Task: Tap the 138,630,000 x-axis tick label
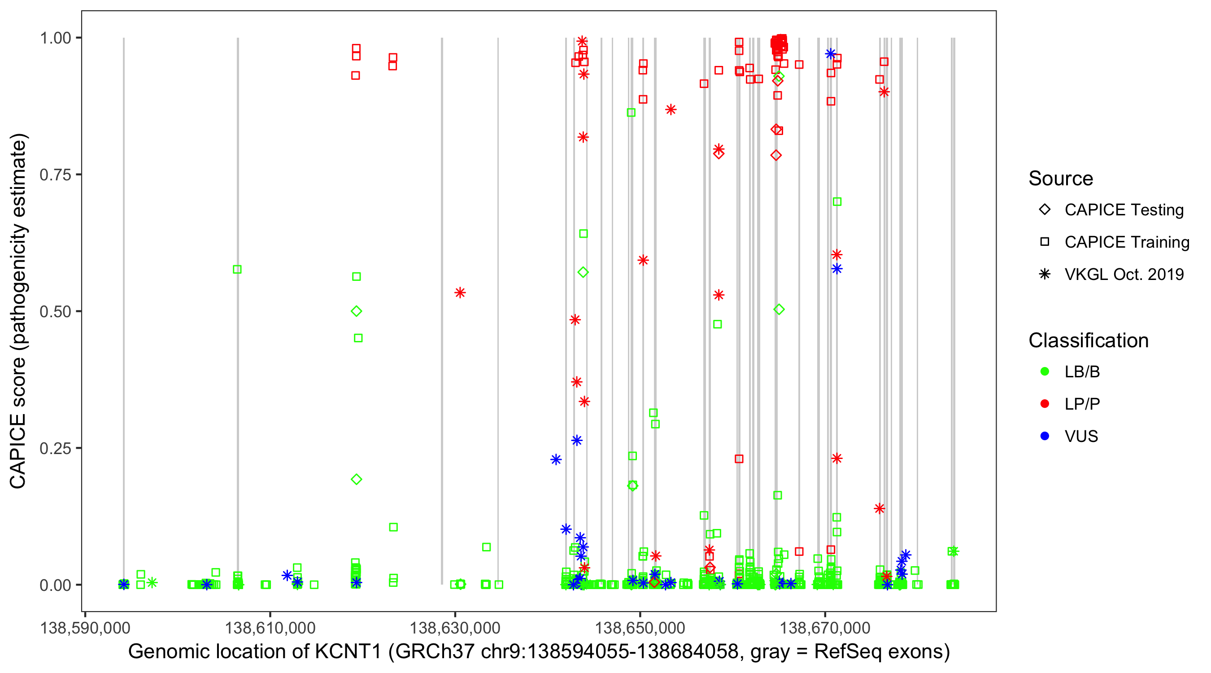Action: [x=455, y=628]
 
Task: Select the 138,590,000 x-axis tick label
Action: [x=85, y=628]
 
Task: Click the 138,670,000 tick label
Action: [x=825, y=628]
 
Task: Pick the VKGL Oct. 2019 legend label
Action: [x=1124, y=274]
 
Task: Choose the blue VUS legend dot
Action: [x=1045, y=436]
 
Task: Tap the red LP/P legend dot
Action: [x=1045, y=403]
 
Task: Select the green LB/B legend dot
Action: [x=1045, y=371]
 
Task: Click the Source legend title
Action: [x=1061, y=179]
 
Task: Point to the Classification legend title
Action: [x=1088, y=341]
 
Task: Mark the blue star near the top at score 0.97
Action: [x=831, y=53]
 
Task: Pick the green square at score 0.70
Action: [x=837, y=202]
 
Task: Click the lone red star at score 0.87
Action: [x=671, y=109]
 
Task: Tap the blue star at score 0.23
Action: [x=556, y=459]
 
